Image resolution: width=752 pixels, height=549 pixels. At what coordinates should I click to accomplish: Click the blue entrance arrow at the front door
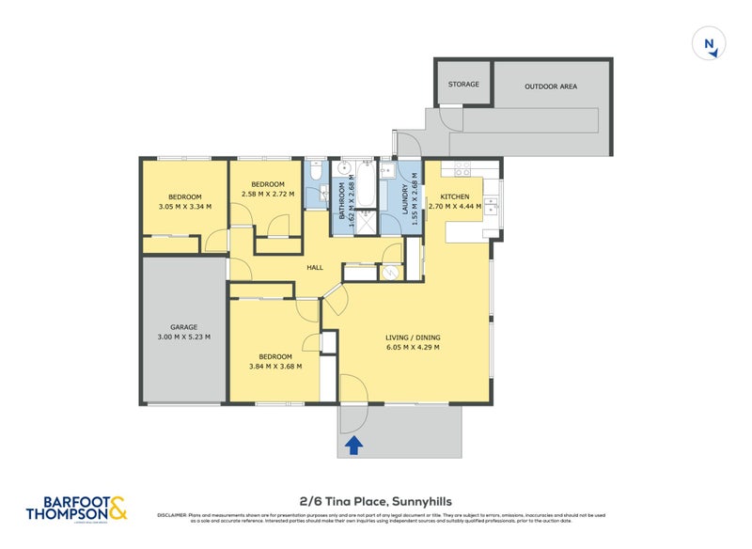(x=353, y=445)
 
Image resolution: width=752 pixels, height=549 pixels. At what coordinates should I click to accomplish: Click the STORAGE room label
(x=463, y=85)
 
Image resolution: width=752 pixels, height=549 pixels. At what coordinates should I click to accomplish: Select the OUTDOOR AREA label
(x=550, y=86)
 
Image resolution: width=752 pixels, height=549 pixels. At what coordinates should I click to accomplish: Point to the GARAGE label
(x=183, y=327)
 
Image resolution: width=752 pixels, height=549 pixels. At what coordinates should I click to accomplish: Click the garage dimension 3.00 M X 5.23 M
(x=183, y=337)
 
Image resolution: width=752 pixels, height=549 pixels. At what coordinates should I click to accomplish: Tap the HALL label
(x=315, y=268)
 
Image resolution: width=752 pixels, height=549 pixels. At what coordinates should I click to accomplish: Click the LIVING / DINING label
(x=413, y=337)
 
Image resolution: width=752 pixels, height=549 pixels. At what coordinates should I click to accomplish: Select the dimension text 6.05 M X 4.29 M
(x=413, y=348)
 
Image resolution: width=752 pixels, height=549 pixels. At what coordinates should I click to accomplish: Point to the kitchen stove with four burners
(x=462, y=169)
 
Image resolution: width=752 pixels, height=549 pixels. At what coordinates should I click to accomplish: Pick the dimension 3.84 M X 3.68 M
(x=276, y=368)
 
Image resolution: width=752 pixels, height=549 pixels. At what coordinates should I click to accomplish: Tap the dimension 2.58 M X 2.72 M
(x=268, y=195)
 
